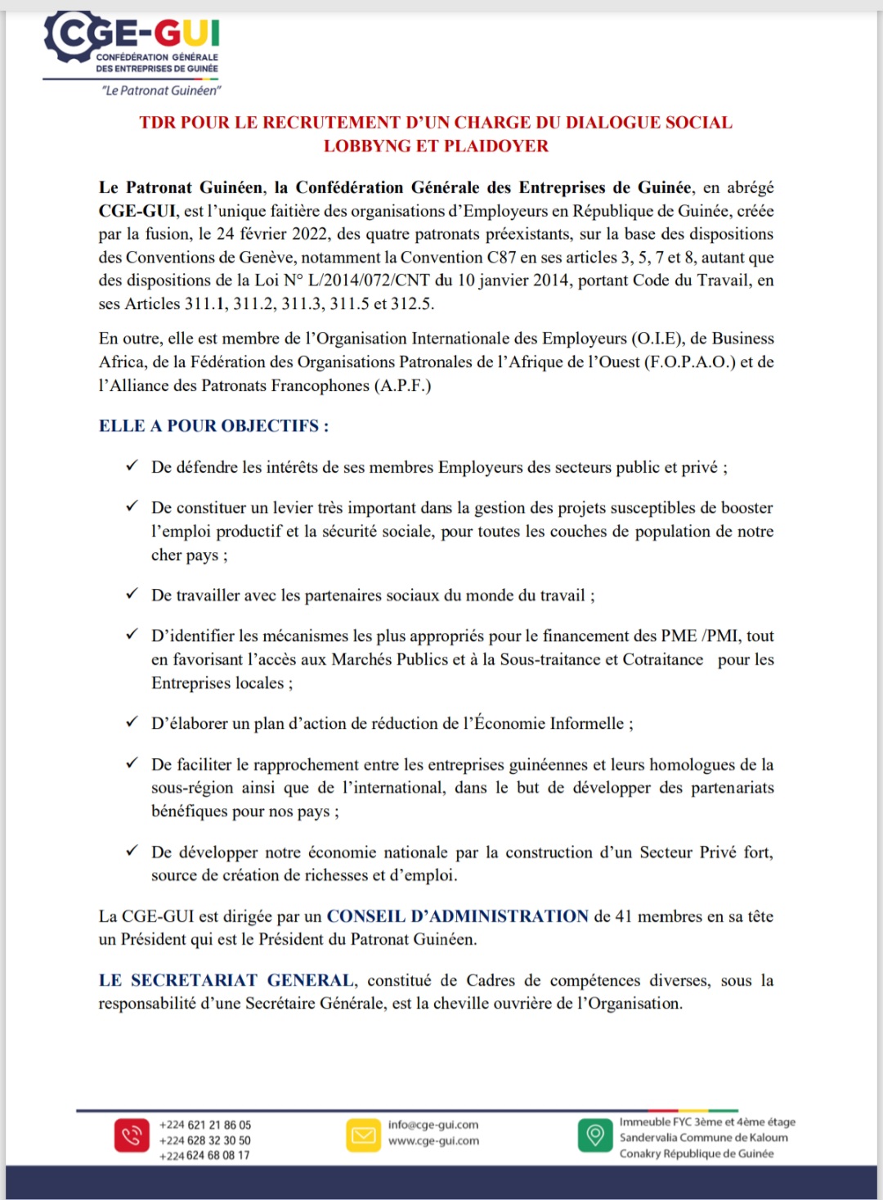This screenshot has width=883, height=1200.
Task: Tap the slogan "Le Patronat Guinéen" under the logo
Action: coord(161,91)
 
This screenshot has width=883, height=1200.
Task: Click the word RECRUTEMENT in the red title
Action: coord(331,123)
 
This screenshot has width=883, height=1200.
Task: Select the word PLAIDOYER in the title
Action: coord(496,146)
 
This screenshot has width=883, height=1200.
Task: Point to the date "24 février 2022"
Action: coord(271,234)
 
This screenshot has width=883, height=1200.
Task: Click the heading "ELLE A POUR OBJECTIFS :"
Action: coord(213,426)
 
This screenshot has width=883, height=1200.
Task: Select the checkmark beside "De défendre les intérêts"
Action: coord(132,466)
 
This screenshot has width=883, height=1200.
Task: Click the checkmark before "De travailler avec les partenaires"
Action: coord(132,594)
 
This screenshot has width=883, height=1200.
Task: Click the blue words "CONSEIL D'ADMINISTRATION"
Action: coord(458,916)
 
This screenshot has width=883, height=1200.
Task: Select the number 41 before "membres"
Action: coord(624,916)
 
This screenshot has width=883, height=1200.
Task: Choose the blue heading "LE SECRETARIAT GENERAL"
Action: coord(226,980)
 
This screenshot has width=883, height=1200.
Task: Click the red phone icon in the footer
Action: coord(132,1135)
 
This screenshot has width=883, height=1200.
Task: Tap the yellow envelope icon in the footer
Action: coord(364,1135)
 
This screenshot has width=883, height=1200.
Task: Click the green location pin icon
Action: coord(595,1135)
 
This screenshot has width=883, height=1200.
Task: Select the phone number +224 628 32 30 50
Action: coord(205,1140)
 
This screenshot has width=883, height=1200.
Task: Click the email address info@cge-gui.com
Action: coord(433,1125)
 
